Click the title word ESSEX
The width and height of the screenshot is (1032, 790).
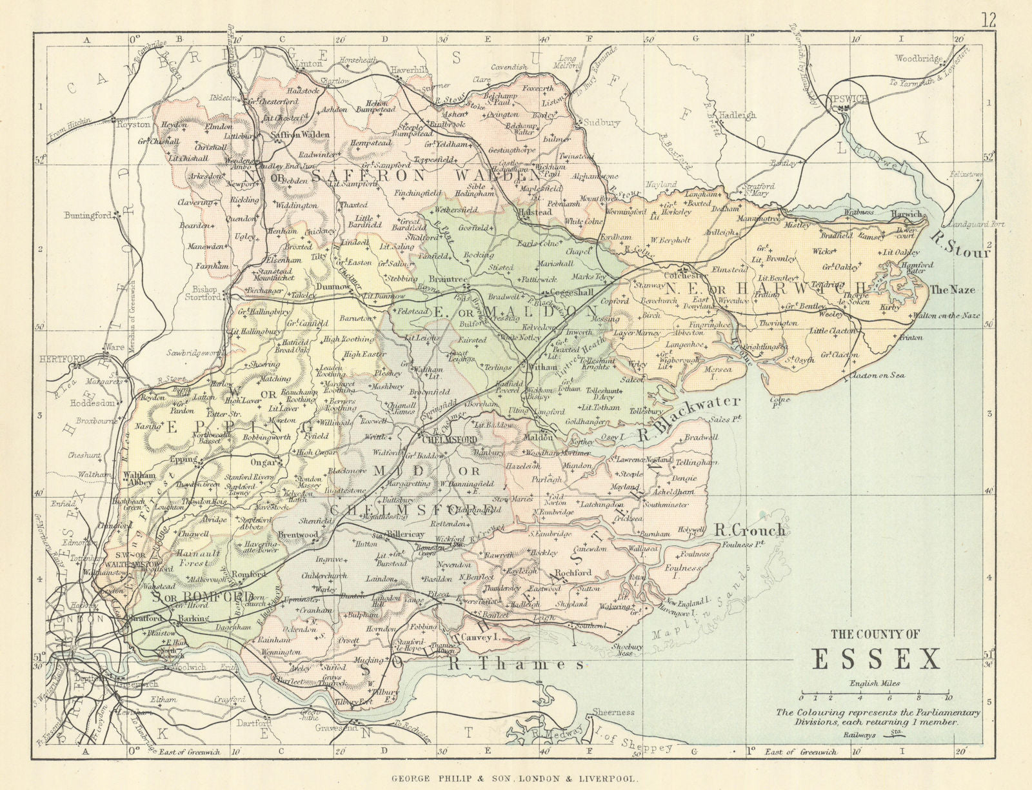(x=875, y=659)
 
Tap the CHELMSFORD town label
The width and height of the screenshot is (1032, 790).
(x=449, y=440)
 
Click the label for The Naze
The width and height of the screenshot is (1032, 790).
(x=952, y=290)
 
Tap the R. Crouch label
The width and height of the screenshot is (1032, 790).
(x=750, y=531)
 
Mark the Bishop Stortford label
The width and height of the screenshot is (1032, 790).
(x=207, y=294)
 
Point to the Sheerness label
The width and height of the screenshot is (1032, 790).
(x=613, y=712)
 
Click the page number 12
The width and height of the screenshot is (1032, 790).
(x=989, y=19)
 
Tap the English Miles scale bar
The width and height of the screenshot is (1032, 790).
(x=875, y=697)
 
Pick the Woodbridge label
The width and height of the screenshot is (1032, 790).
(x=918, y=59)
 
